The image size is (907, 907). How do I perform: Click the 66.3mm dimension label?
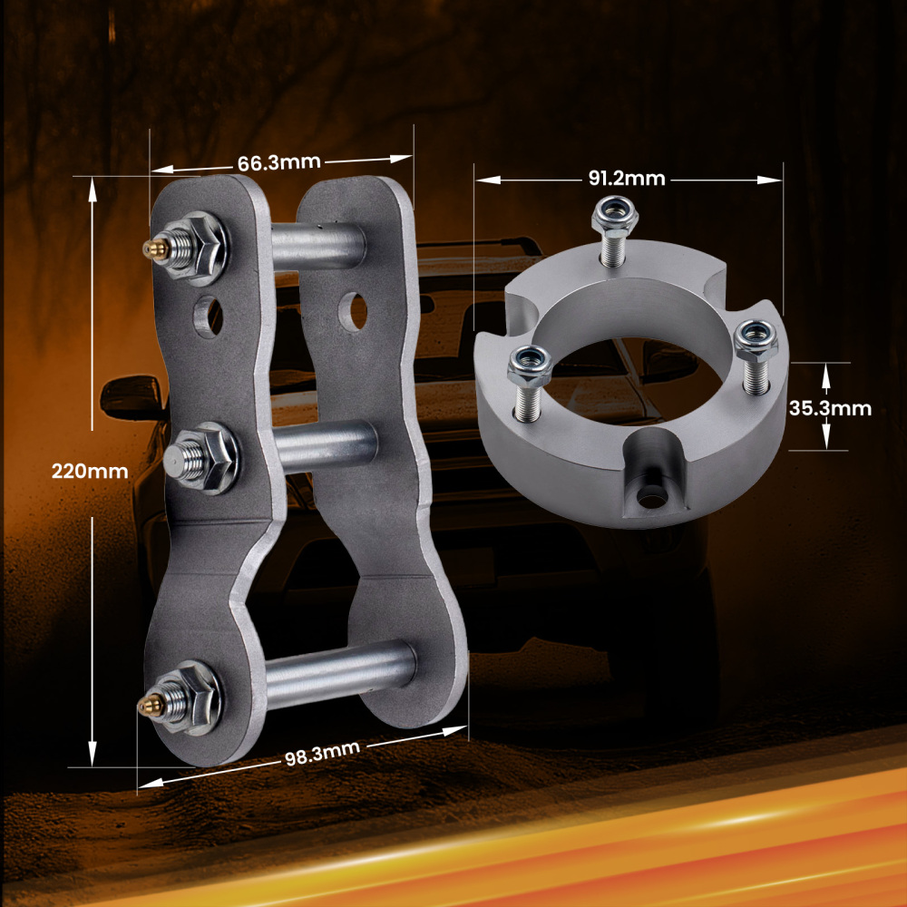[278, 162]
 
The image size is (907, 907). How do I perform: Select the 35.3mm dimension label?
[829, 408]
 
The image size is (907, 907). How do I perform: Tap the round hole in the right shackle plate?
[354, 311]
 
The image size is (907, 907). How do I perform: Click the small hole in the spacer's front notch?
[649, 497]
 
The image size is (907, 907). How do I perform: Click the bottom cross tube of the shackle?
[340, 669]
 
